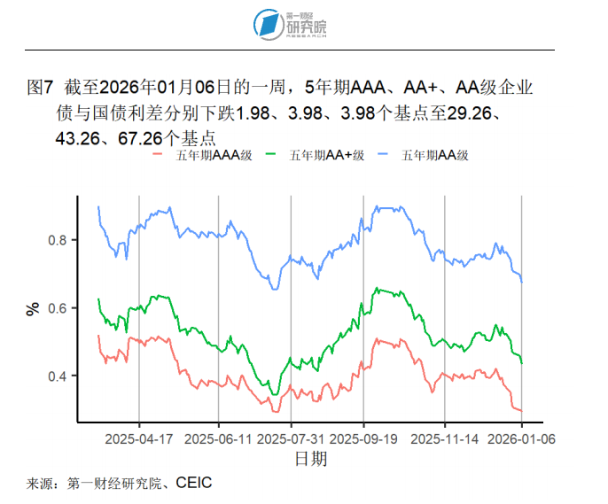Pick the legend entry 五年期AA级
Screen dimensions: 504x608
(434, 155)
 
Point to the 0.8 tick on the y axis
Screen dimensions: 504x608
(59, 240)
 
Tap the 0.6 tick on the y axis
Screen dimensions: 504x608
(59, 308)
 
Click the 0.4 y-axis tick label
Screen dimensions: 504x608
(59, 376)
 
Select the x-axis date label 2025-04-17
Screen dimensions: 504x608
(139, 438)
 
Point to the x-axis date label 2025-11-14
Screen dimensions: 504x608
(445, 438)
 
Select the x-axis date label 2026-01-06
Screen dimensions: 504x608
(521, 438)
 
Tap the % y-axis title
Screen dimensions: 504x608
(34, 308)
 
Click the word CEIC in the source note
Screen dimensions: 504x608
(194, 484)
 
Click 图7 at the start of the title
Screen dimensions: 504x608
(42, 89)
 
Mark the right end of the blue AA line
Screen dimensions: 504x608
(522, 282)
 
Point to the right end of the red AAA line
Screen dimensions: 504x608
(521, 410)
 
